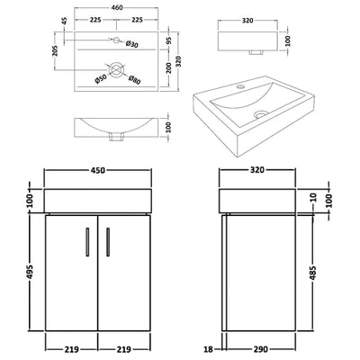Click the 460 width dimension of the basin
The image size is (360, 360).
(112, 7)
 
